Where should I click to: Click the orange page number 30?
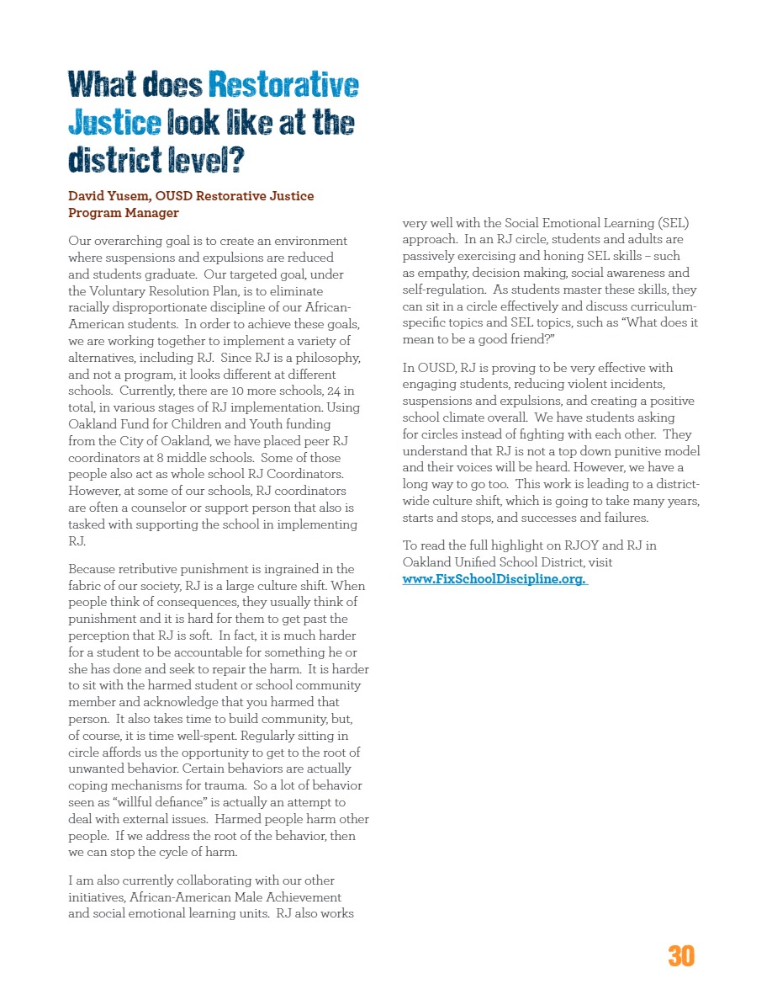[x=681, y=956]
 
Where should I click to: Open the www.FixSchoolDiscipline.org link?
[x=494, y=579]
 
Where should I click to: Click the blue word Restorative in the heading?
[x=283, y=85]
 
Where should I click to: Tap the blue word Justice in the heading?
[x=114, y=123]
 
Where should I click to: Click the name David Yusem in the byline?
[x=104, y=196]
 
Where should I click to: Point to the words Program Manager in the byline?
[x=124, y=213]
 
